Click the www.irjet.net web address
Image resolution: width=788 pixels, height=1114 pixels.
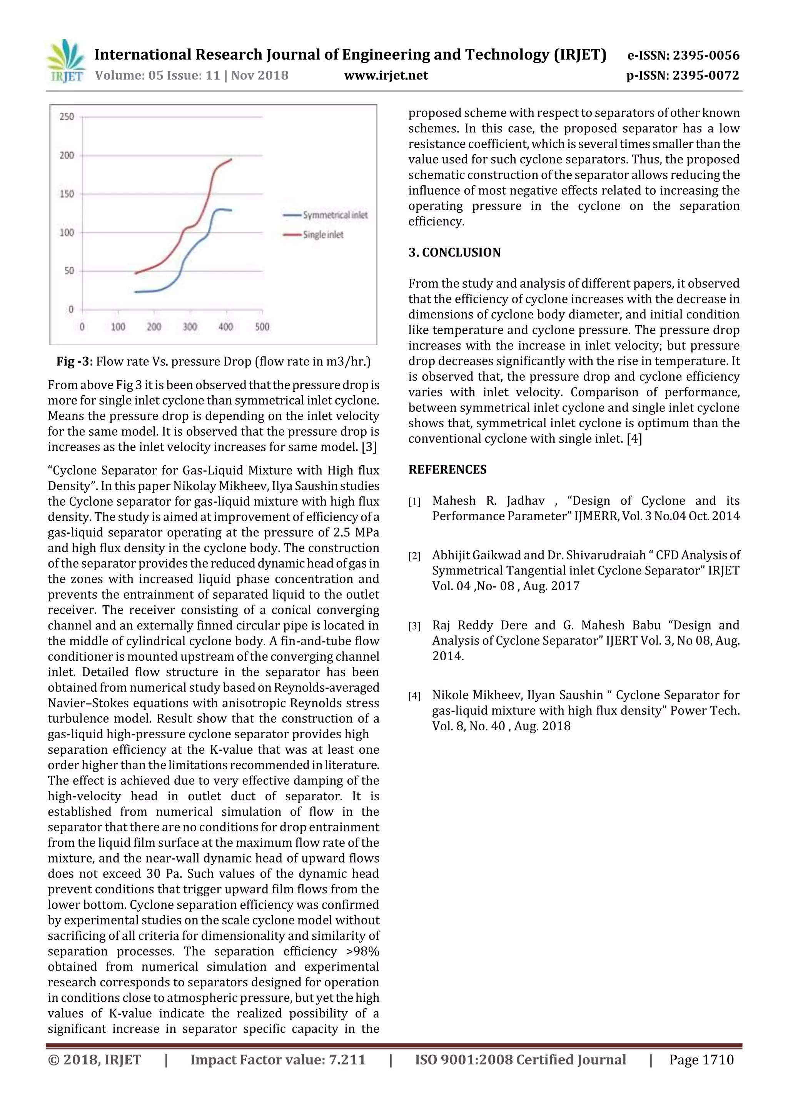(x=386, y=75)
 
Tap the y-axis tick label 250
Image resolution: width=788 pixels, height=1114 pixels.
(x=67, y=117)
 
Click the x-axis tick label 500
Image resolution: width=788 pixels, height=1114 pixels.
(x=262, y=326)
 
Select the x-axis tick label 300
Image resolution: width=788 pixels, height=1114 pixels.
(x=190, y=326)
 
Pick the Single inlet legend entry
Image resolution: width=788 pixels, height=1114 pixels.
(x=323, y=235)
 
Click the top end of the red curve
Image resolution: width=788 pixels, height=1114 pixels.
(x=231, y=159)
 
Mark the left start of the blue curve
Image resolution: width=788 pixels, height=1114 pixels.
(x=136, y=291)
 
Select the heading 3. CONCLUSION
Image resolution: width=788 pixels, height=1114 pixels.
(x=454, y=252)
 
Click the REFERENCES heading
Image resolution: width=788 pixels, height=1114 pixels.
(x=447, y=470)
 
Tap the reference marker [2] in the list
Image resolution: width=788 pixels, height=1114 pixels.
(x=414, y=556)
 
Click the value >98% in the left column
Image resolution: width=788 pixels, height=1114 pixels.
(x=362, y=951)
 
